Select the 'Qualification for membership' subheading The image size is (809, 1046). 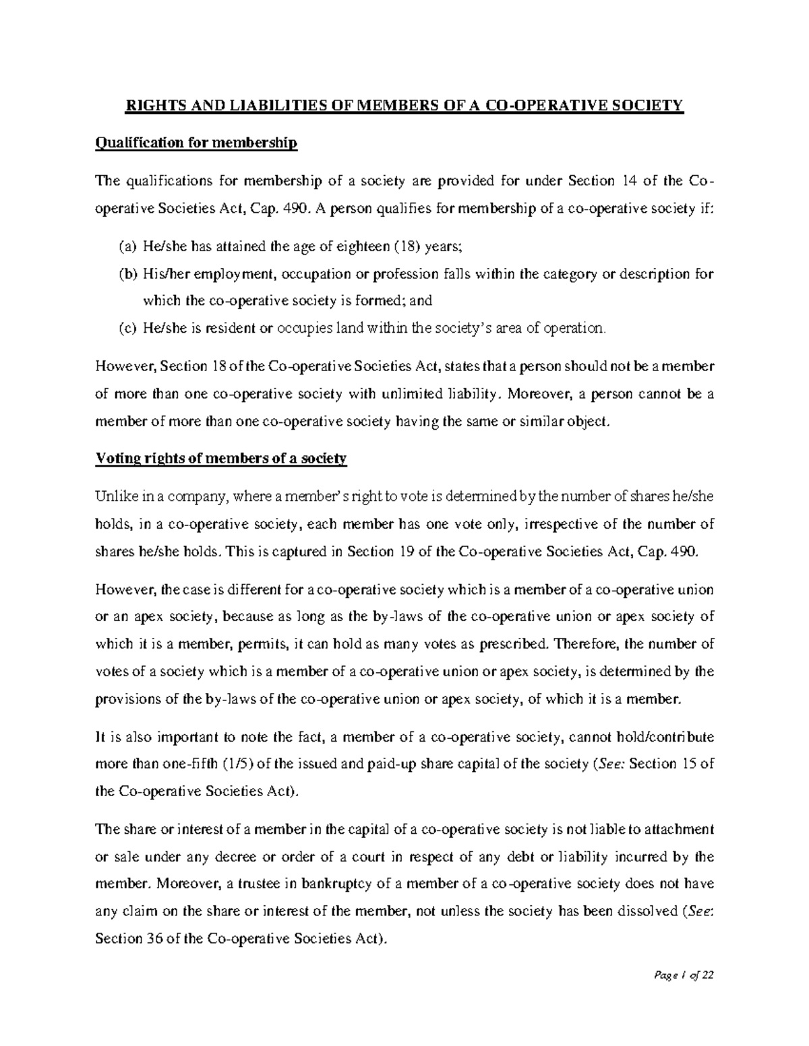pyautogui.click(x=196, y=143)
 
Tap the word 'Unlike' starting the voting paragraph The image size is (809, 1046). pyautogui.click(x=115, y=497)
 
